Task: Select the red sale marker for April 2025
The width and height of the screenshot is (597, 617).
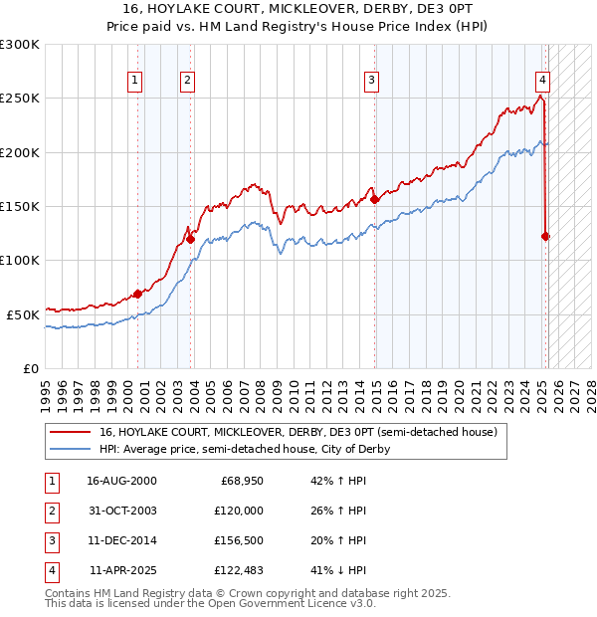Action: point(545,236)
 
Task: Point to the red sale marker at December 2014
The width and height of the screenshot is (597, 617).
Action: point(374,199)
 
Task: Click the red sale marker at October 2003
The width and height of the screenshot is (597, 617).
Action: point(190,239)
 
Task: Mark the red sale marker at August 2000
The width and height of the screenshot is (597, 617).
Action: point(137,294)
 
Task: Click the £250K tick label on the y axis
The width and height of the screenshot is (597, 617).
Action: point(20,99)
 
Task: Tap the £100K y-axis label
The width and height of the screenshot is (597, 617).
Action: point(20,260)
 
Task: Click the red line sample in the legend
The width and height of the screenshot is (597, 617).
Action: point(68,433)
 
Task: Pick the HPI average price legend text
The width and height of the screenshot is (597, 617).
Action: point(245,449)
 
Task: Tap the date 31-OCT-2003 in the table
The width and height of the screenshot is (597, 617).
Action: point(121,511)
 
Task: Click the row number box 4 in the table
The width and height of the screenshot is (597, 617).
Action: point(51,570)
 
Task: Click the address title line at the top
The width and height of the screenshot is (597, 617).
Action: point(298,9)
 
